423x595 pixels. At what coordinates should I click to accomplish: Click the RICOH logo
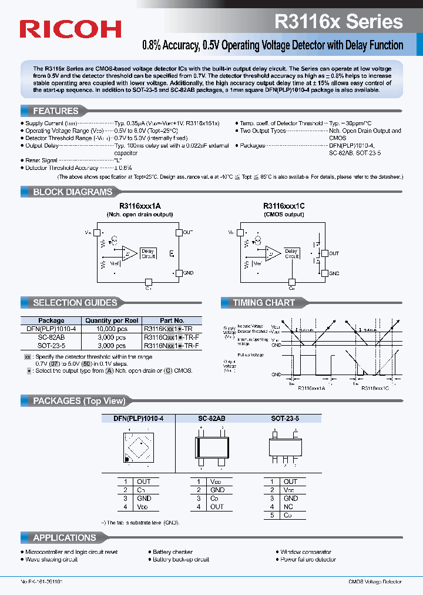70,29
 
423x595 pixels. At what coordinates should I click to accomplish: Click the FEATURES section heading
55,111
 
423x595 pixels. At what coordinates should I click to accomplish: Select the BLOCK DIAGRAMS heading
72,192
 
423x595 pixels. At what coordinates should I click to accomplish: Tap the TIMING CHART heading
264,303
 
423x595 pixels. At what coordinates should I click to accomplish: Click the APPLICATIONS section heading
65,538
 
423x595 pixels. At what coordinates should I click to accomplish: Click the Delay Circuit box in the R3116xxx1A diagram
148,253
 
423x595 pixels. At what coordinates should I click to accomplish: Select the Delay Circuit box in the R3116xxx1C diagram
292,253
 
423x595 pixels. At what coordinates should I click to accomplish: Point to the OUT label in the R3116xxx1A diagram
188,233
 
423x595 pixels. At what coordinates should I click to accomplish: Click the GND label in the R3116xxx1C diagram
334,273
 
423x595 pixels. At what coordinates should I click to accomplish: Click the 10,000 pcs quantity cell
112,329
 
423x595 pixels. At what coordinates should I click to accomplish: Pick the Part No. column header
172,321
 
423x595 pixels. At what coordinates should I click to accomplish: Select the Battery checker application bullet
173,552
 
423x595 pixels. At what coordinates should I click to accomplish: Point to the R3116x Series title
338,22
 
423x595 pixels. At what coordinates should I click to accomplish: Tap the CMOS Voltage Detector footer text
374,581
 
